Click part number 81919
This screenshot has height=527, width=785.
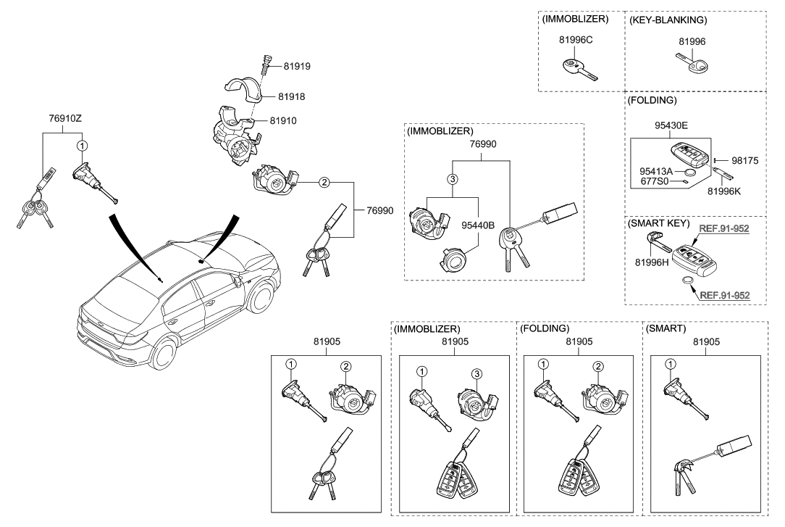297,66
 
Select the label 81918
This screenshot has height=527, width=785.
297,96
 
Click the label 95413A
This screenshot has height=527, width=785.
657,170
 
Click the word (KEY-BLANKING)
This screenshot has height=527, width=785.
668,20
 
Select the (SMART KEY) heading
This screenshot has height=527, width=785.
658,223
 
